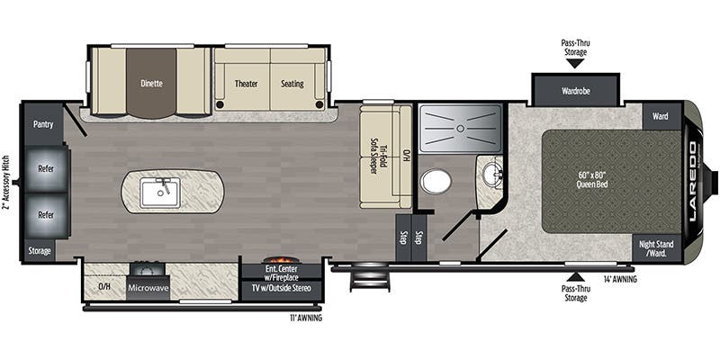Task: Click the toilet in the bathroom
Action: pyautogui.click(x=436, y=182)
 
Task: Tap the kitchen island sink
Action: pyautogui.click(x=160, y=193)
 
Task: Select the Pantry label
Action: pyautogui.click(x=43, y=124)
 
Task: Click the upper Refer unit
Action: pyautogui.click(x=47, y=168)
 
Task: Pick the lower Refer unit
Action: pyautogui.click(x=47, y=215)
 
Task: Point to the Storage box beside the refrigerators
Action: pyautogui.click(x=40, y=251)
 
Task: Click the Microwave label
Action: pyautogui.click(x=148, y=288)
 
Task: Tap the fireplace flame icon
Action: pyautogui.click(x=281, y=260)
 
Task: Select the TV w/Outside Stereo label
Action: pyautogui.click(x=281, y=288)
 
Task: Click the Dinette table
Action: pyautogui.click(x=151, y=83)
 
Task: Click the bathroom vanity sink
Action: pyautogui.click(x=492, y=175)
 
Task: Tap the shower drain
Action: pyautogui.click(x=460, y=129)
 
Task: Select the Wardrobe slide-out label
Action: pyautogui.click(x=575, y=91)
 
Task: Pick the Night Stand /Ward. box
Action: pyautogui.click(x=655, y=248)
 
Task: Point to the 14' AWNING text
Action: pyautogui.click(x=620, y=279)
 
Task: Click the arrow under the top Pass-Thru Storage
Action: pyautogui.click(x=575, y=63)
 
